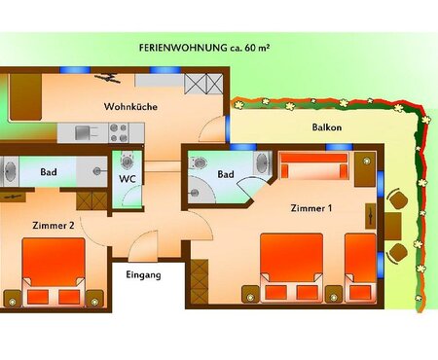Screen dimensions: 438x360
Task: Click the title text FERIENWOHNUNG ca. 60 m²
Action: [x=204, y=48]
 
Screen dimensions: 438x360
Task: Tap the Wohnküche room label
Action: [x=130, y=106]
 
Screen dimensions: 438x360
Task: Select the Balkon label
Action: [x=327, y=127]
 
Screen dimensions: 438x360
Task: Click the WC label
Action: [x=128, y=179]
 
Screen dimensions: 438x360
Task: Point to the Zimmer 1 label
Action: [x=311, y=208]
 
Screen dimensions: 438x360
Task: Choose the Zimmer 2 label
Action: [x=54, y=225]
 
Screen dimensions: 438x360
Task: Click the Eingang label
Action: [x=143, y=275]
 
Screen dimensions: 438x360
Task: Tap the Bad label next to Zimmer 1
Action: [x=226, y=174]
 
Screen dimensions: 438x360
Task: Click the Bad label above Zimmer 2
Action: [x=49, y=171]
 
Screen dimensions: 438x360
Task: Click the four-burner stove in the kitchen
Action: [x=119, y=132]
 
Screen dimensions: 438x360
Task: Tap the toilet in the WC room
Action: [x=127, y=161]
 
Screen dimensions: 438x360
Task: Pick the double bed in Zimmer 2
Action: [x=54, y=271]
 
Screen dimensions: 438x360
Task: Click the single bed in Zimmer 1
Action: [x=361, y=268]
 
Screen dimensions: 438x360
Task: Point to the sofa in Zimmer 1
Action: [x=313, y=165]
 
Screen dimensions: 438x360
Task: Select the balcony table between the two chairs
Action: [x=393, y=226]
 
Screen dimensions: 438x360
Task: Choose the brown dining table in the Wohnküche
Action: [x=25, y=97]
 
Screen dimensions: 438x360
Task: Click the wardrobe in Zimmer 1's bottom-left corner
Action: [x=199, y=281]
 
